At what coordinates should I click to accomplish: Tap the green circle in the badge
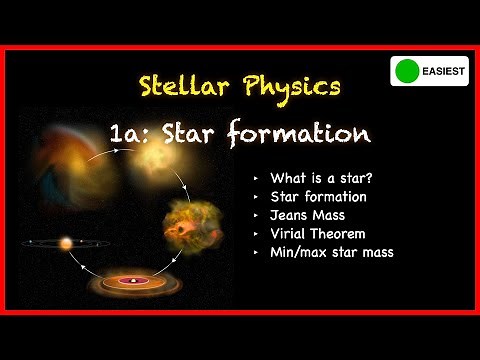point(405,72)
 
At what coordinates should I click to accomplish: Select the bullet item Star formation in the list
point(319,196)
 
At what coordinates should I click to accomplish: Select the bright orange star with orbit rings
point(67,243)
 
